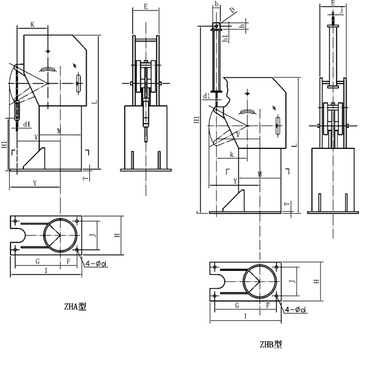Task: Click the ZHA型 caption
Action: tap(75, 307)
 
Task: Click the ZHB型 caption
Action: tap(271, 344)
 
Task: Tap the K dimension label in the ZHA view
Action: tap(33, 24)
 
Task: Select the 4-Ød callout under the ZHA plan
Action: tap(96, 264)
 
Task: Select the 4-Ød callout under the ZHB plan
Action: tap(296, 310)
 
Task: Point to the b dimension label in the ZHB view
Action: tap(216, 4)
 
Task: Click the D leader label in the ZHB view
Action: tap(232, 10)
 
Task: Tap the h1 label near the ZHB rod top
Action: tap(226, 38)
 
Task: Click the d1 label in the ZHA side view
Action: tap(27, 124)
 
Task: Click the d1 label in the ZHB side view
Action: tap(206, 96)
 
